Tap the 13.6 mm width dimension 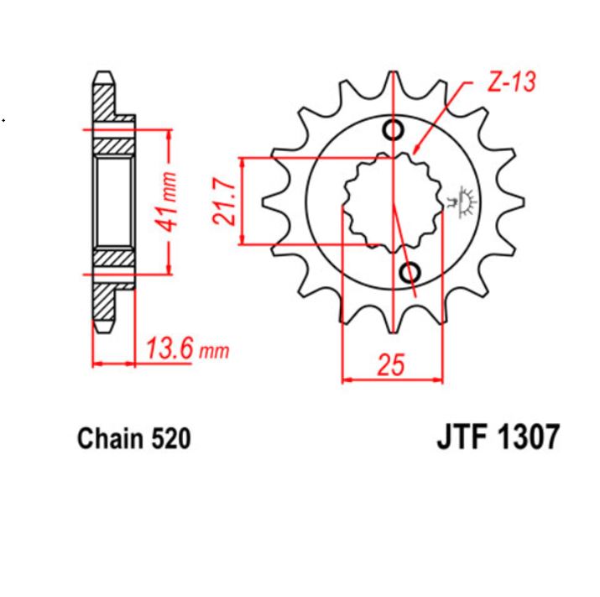point(186,348)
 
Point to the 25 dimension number point(391,364)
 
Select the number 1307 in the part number point(525,438)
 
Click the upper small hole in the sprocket point(393,129)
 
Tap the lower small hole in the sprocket point(410,272)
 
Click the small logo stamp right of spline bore point(462,202)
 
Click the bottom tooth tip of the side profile point(102,327)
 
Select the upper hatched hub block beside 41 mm point(112,144)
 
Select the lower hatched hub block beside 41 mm point(112,258)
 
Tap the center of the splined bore point(392,202)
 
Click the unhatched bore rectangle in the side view point(112,201)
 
